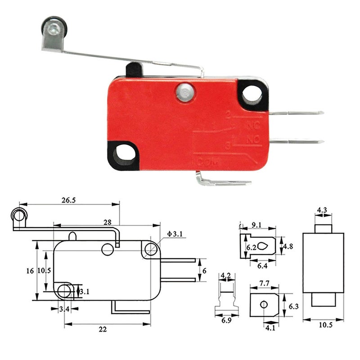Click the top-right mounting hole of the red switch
point(252,95)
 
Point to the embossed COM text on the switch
point(204,163)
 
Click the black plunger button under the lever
point(134,70)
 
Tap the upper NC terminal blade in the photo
point(297,112)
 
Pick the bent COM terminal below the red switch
point(223,181)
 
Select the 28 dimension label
point(107,222)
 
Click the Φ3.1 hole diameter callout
point(174,234)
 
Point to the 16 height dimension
point(30,271)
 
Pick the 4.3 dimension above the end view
point(322,210)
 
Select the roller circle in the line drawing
point(18,217)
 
